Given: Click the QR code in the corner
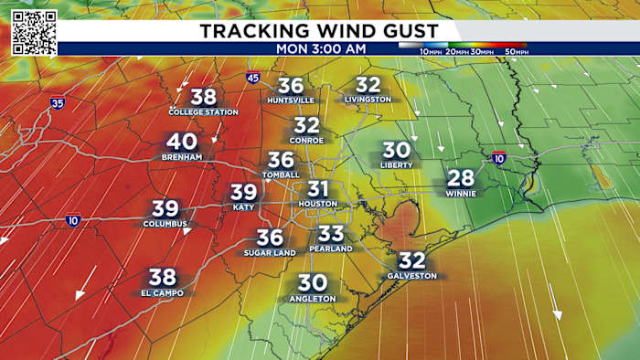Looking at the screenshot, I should coord(34,33).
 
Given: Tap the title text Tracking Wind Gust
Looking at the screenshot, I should coord(320,31).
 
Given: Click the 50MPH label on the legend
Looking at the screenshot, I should coord(516,53).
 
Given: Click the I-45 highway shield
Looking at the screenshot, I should coord(252,79).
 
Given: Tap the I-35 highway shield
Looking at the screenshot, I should coord(58,105).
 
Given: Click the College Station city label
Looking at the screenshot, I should coord(203,111).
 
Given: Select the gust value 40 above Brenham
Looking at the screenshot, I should coord(182,142).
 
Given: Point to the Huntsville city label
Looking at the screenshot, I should coord(292,101).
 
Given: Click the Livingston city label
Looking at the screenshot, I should coord(368,99).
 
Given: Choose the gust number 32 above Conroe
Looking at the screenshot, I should coord(307,125).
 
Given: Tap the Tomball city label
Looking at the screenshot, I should coord(280,175).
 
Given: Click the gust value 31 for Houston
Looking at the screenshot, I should coord(317,188).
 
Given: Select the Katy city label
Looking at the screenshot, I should coord(243,207).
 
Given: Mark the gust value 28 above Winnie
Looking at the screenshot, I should coord(461,177).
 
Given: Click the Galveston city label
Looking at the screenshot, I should coord(412,275).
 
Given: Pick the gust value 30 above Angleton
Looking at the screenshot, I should coord(313,283).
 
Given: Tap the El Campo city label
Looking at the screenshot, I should coord(163,293).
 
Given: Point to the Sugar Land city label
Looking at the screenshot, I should coord(270,252).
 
